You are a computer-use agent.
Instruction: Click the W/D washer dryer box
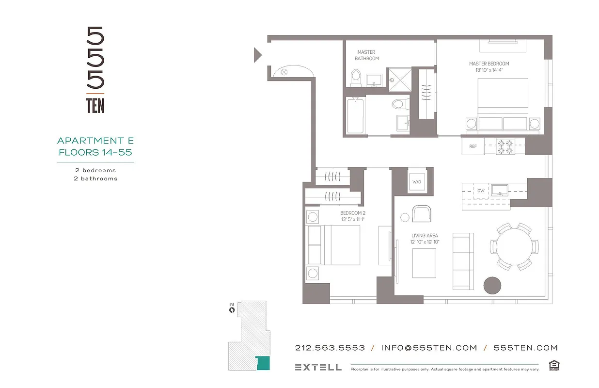(417, 182)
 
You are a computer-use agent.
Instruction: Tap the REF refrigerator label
(473, 146)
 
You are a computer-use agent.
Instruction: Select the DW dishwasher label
(481, 191)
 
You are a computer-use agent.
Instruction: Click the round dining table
(513, 246)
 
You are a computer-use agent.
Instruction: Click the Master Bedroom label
(489, 66)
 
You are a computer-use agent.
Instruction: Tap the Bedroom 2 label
(352, 216)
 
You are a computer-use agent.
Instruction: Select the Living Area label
(425, 239)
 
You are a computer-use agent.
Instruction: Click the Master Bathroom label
(366, 55)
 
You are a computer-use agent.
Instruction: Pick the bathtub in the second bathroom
(355, 115)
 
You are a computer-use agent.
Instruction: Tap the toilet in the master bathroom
(356, 77)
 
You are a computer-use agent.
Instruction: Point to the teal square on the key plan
(263, 363)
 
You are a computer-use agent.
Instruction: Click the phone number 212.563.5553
(330, 348)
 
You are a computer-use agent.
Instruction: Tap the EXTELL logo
(318, 367)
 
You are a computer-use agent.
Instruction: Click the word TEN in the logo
(95, 105)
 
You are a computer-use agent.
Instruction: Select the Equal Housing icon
(553, 365)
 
